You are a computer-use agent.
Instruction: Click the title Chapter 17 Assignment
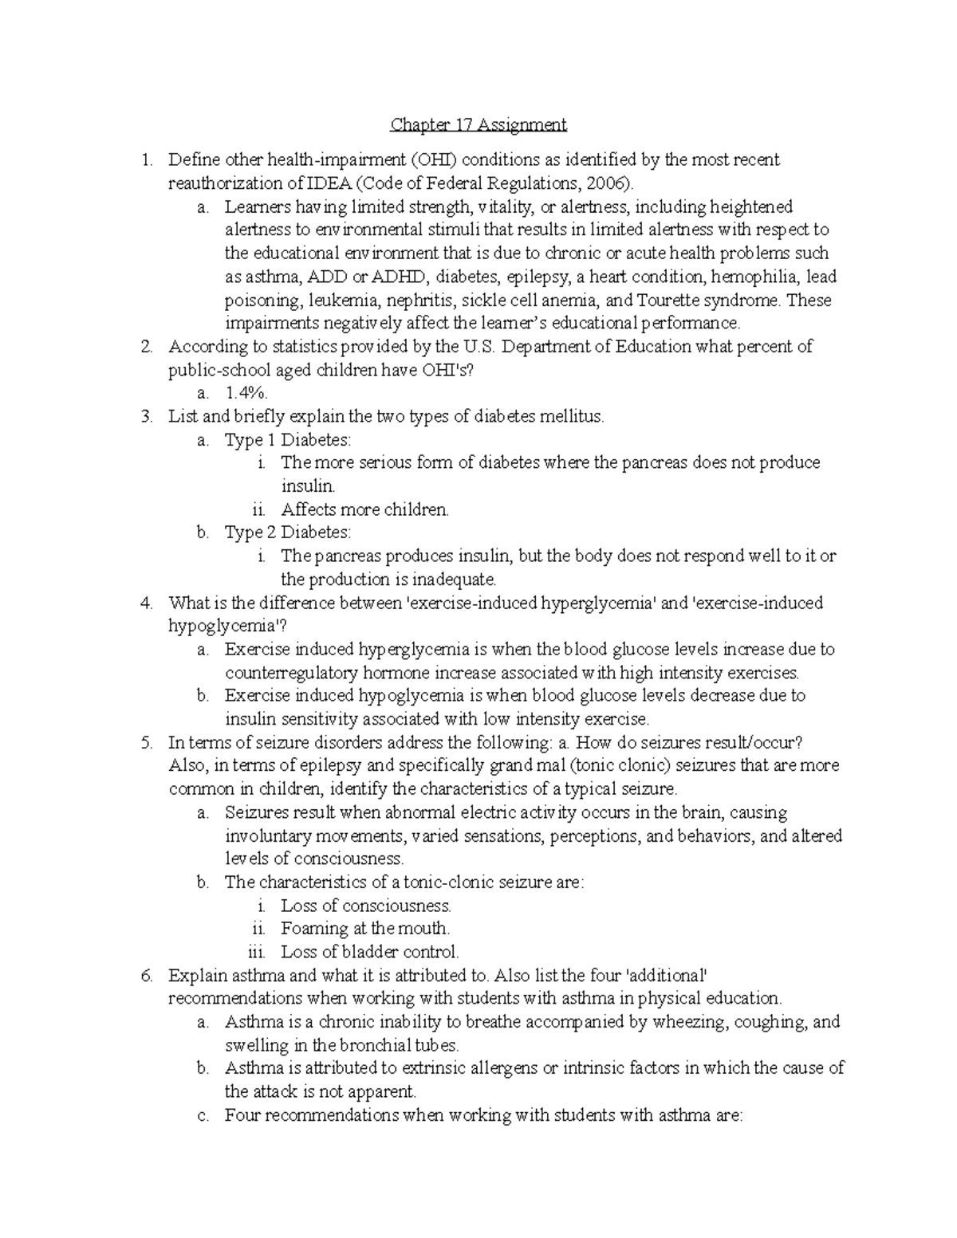coord(478,124)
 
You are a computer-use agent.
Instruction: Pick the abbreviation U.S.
coord(473,347)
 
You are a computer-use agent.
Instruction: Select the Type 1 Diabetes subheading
coord(287,440)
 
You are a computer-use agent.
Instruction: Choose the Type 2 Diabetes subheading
coord(287,533)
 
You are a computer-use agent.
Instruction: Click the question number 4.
coord(145,603)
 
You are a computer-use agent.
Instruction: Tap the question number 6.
coord(145,975)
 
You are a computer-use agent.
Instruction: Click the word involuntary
coord(264,835)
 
